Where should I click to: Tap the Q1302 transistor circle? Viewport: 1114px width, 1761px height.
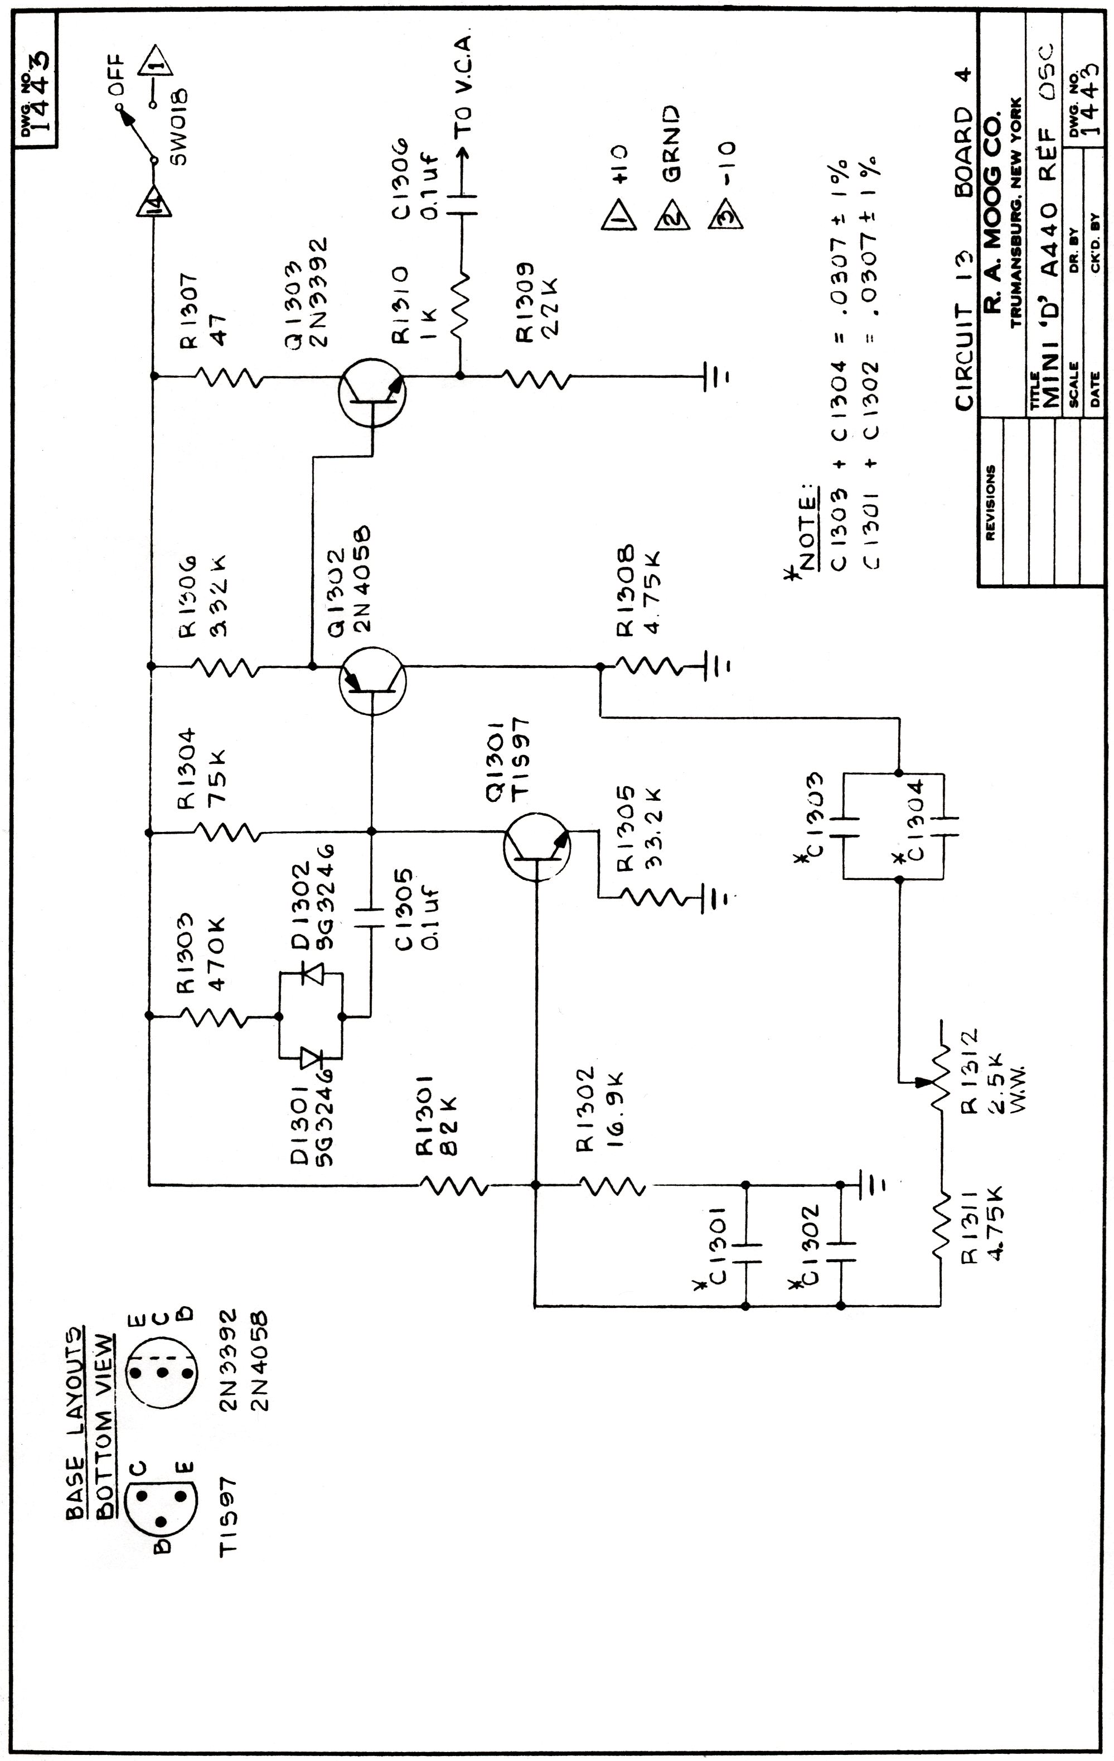372,680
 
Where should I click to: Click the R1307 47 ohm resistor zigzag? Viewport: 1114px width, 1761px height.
226,377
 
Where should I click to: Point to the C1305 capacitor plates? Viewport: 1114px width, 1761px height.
371,918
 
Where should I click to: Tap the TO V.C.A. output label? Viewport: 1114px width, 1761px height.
463,84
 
